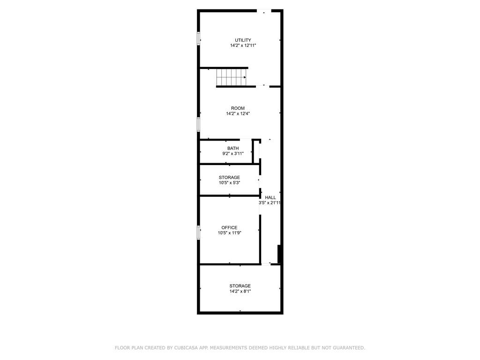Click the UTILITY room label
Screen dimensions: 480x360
pos(243,40)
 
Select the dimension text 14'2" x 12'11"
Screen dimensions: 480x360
pos(243,45)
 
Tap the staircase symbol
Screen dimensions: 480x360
pos(232,77)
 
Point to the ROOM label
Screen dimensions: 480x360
pos(238,108)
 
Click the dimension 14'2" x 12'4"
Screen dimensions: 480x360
pos(238,113)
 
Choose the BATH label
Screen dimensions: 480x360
pos(233,148)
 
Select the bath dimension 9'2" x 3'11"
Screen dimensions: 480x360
pos(233,153)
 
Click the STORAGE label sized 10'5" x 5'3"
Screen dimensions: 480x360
pos(229,177)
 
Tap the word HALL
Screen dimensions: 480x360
pos(270,197)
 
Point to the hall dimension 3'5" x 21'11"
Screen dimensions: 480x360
pos(270,202)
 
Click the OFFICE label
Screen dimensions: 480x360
pos(229,227)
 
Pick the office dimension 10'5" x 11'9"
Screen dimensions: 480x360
pos(230,232)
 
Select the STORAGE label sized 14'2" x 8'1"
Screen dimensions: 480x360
pos(240,286)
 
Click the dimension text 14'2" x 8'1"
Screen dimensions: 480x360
pos(240,291)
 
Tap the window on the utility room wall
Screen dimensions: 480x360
pos(198,38)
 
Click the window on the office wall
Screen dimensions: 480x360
pos(198,232)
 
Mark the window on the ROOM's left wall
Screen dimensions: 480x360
pos(198,125)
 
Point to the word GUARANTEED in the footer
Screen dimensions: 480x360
pos(349,348)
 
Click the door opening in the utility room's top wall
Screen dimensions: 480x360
pos(264,11)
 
